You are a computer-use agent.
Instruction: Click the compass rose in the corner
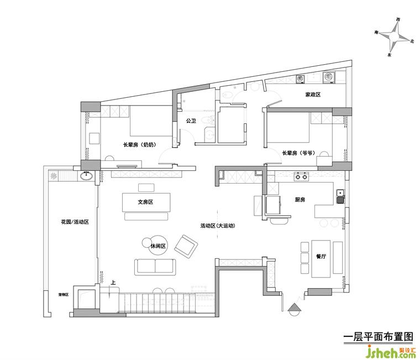(x=394, y=36)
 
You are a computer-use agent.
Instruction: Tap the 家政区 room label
(x=313, y=95)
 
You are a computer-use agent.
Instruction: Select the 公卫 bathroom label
(x=191, y=121)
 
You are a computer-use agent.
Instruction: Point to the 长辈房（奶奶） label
(x=139, y=145)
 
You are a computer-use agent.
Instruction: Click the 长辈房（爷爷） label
(x=298, y=153)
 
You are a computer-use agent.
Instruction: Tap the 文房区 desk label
(x=145, y=202)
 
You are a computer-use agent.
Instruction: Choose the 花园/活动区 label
(x=75, y=222)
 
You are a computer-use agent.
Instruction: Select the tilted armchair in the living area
(x=186, y=247)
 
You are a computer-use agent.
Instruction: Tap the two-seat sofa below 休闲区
(x=155, y=267)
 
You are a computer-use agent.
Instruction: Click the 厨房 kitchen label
(x=300, y=200)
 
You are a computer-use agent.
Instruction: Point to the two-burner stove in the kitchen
(x=301, y=176)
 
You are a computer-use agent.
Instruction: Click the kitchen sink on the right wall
(x=341, y=197)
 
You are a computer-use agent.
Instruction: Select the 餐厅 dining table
(x=321, y=258)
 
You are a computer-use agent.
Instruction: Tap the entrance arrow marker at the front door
(x=295, y=310)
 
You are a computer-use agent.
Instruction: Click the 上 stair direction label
(x=113, y=283)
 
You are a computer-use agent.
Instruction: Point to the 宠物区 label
(x=64, y=295)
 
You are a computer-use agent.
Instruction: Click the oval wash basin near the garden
(x=86, y=176)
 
